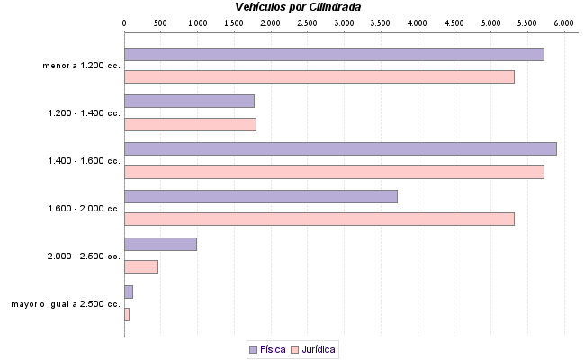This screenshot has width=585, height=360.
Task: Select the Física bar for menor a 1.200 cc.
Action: click(334, 54)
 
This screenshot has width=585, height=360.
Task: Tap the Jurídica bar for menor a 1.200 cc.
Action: click(319, 77)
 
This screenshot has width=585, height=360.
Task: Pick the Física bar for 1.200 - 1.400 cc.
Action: click(189, 102)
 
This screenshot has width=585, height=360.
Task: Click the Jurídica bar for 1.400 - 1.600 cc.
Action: click(334, 172)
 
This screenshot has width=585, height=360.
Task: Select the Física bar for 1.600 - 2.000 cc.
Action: click(260, 196)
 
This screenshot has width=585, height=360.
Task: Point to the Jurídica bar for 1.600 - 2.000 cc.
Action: click(319, 220)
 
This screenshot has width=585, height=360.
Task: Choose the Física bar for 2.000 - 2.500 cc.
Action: click(160, 244)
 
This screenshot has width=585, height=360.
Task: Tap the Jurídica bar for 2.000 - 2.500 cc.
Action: click(141, 266)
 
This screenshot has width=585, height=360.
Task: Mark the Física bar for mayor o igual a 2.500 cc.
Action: click(129, 292)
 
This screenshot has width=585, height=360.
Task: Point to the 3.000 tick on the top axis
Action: click(345, 21)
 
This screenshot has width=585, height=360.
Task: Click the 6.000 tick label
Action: click(564, 21)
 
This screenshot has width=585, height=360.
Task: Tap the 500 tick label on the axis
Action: click(160, 21)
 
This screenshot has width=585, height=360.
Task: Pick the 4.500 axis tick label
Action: click(454, 21)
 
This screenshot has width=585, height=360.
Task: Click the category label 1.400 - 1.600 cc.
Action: click(84, 161)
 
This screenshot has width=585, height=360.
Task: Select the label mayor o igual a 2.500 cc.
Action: click(66, 304)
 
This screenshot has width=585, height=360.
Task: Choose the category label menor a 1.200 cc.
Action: click(81, 66)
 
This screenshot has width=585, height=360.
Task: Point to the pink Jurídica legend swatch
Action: click(295, 349)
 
